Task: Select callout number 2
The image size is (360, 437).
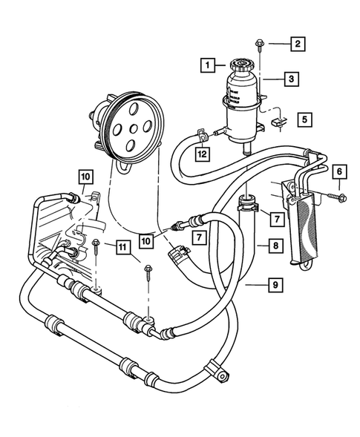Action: coord(297,44)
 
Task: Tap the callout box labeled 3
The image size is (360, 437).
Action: coord(292,77)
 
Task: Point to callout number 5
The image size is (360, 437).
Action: coord(304,118)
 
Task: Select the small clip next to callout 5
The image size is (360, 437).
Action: coord(279,118)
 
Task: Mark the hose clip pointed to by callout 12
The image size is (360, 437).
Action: coord(201,136)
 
